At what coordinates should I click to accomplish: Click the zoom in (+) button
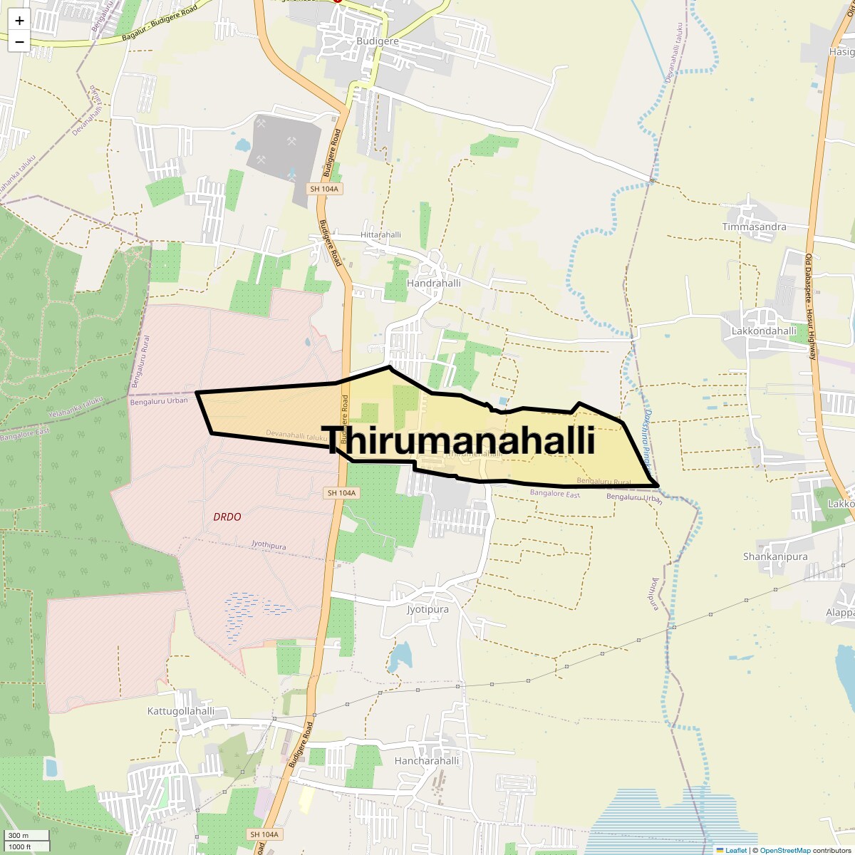[19, 21]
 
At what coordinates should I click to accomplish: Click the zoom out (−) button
[19, 41]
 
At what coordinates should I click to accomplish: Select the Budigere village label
[378, 41]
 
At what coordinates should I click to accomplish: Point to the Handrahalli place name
[433, 283]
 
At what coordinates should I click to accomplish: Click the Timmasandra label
[754, 227]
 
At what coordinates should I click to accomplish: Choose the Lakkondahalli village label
[764, 331]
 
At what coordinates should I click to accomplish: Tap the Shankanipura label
[775, 556]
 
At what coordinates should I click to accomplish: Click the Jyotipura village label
[427, 609]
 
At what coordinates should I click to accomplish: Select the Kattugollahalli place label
[180, 711]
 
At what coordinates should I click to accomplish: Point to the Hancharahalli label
[427, 760]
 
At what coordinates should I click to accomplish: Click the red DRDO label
[227, 517]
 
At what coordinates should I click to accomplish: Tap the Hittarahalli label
[380, 234]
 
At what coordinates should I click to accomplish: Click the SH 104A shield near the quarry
[324, 189]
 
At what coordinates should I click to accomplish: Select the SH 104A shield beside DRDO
[341, 493]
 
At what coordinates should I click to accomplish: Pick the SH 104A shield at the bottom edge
[264, 834]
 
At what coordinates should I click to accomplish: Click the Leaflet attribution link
[735, 850]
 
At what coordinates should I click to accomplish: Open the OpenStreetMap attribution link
[784, 850]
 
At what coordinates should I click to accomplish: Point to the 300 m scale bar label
[19, 836]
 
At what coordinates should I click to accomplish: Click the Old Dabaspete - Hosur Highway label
[811, 306]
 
